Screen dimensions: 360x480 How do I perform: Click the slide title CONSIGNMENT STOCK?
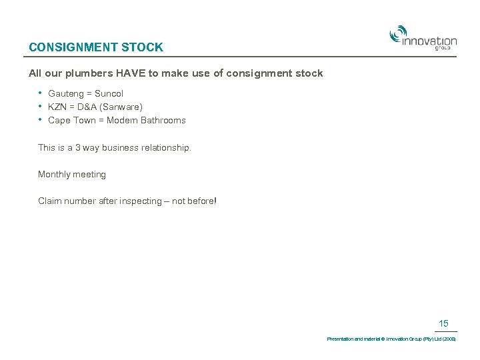point(96,47)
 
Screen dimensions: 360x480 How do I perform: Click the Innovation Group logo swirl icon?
point(398,34)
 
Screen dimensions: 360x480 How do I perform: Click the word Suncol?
point(109,94)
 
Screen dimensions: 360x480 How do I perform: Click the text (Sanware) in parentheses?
point(121,107)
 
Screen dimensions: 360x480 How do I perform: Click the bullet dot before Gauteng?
point(41,93)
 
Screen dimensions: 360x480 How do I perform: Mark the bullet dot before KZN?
point(41,106)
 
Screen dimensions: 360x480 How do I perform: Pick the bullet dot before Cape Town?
point(41,119)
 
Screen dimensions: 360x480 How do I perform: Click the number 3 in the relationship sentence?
point(77,147)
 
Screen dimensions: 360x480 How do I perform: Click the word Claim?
point(49,201)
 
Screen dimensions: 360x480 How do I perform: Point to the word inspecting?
point(141,201)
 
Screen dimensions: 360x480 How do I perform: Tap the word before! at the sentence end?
point(202,201)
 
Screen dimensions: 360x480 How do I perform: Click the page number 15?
point(443,324)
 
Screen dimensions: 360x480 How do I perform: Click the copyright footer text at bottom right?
point(391,339)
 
